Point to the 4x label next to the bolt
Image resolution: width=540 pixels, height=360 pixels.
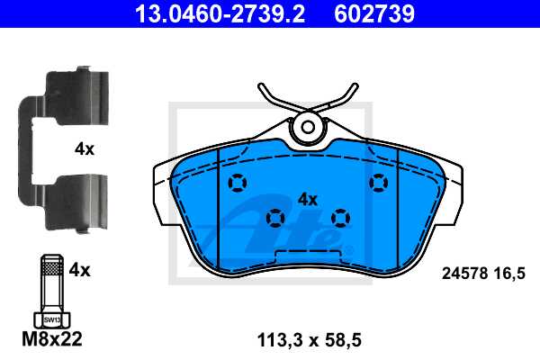point(80,268)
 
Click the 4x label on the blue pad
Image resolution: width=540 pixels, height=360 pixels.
point(308,199)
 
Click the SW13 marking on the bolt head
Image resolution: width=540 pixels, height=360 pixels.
point(51,319)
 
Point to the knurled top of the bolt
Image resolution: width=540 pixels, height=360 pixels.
point(51,267)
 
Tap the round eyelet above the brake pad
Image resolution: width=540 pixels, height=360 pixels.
point(308,127)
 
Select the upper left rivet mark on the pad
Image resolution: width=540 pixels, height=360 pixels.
point(237,184)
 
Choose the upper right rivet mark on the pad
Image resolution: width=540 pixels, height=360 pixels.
point(378,184)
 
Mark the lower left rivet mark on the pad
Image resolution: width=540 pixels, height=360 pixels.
point(275,217)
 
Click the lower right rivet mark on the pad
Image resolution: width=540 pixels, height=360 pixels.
point(339,217)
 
